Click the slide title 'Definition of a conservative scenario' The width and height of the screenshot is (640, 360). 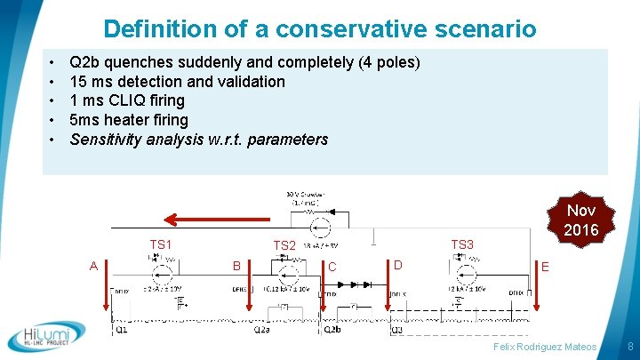click(x=320, y=28)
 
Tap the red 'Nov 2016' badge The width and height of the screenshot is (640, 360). click(x=580, y=220)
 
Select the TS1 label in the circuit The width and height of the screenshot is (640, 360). click(x=160, y=244)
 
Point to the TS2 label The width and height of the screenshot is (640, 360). click(x=284, y=245)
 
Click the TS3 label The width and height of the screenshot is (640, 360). click(x=462, y=244)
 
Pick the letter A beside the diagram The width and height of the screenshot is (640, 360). click(x=93, y=265)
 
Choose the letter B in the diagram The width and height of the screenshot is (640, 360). click(x=236, y=265)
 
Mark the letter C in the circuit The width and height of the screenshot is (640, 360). click(x=332, y=266)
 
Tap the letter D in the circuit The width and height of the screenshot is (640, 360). click(x=397, y=264)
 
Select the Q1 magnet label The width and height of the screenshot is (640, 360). click(x=121, y=329)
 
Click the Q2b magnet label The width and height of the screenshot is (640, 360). click(x=331, y=329)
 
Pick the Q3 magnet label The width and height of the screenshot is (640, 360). click(x=396, y=329)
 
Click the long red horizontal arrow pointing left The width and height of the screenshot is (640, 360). click(x=221, y=216)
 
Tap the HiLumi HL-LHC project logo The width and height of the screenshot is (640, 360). click(x=46, y=337)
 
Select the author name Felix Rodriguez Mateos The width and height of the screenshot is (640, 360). click(x=546, y=345)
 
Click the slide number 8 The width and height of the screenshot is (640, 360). click(x=629, y=345)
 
